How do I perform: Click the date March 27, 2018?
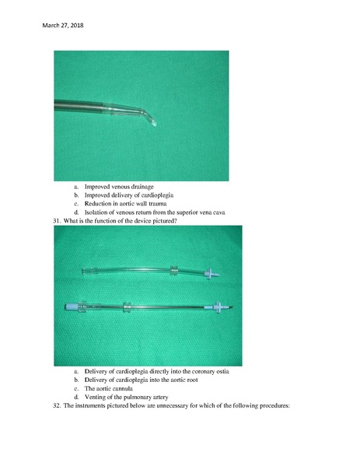63,26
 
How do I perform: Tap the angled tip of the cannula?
155,124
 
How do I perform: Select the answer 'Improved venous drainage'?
119,187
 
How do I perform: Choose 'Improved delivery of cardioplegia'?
129,195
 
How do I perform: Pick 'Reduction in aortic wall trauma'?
125,204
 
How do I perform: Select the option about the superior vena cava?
155,212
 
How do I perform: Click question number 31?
57,221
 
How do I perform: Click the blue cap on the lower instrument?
72,307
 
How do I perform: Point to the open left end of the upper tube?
83,272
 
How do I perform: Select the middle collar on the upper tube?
173,271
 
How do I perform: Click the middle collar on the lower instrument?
128,307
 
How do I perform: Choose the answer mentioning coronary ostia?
156,372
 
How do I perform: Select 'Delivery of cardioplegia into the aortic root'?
141,380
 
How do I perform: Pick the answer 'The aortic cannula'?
109,389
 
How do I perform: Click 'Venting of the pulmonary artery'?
126,398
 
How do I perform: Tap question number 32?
57,406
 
